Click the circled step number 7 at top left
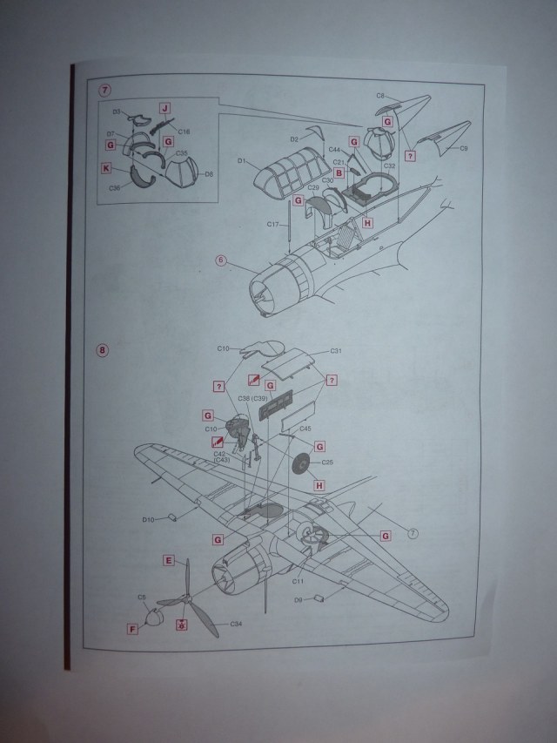[x=105, y=91]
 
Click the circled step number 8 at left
[x=104, y=351]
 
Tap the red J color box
[x=164, y=109]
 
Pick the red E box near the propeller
[x=168, y=561]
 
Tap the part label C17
[x=272, y=225]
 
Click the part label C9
[x=464, y=149]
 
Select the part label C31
[x=335, y=351]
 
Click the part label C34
[x=235, y=624]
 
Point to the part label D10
[x=148, y=519]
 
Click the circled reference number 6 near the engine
[x=221, y=260]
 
